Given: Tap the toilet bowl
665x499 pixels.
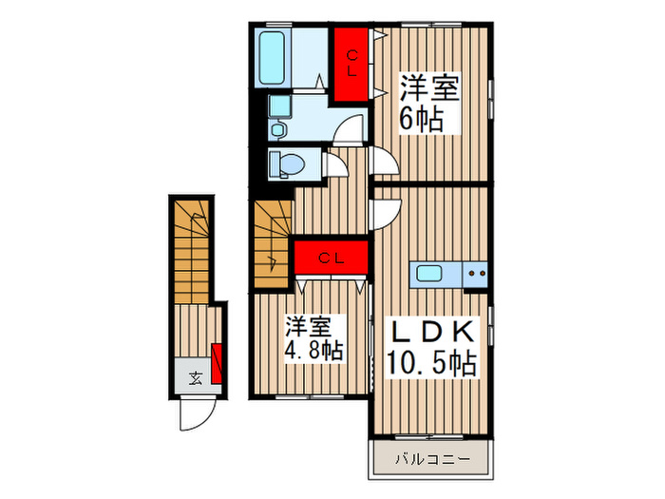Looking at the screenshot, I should coord(287,164).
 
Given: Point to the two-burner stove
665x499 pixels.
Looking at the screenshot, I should coord(475,274).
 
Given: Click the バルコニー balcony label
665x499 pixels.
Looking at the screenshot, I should coord(431,460).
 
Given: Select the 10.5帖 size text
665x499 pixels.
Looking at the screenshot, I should coord(431,362).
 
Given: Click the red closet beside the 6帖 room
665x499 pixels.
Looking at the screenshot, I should coord(351,63).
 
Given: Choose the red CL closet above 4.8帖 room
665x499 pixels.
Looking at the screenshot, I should coord(330,257).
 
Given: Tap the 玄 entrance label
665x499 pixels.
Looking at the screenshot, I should coord(195,379).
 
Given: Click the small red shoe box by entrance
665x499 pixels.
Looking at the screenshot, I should coord(217,363).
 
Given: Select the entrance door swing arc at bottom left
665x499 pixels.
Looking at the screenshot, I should coord(198,413).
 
